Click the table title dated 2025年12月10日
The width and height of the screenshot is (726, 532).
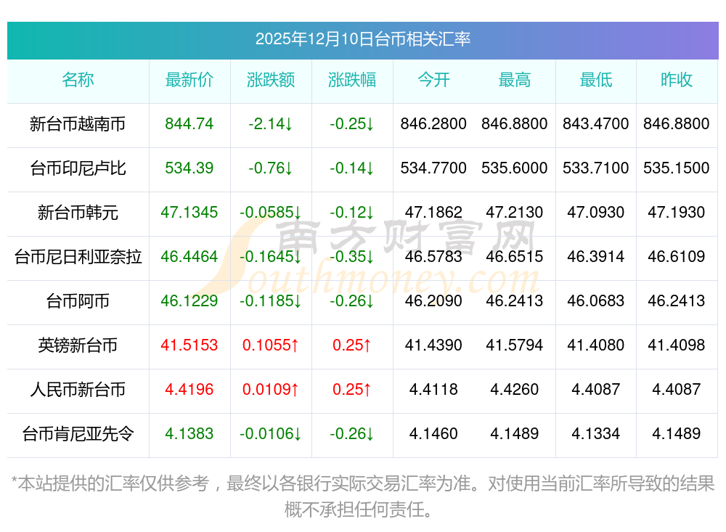362,38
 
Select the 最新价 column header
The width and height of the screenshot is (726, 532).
189,80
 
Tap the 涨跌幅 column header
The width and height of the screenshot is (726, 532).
352,80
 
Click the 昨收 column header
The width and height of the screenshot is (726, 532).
677,80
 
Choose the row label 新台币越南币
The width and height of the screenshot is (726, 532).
78,124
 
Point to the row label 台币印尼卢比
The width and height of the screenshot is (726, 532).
78,168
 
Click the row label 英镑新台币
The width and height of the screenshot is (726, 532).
78,345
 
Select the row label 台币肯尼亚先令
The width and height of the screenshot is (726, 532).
78,434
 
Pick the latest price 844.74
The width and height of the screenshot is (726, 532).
189,124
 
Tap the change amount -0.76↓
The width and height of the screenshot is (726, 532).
271,168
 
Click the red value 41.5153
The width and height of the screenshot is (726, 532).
189,345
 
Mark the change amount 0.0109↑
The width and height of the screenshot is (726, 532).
271,390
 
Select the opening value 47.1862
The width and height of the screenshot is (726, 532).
433,213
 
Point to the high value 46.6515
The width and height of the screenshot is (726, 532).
515,257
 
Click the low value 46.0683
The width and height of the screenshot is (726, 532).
596,301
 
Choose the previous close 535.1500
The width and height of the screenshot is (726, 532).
677,168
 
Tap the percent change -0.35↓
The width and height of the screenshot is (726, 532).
352,257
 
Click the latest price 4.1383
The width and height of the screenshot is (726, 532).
189,434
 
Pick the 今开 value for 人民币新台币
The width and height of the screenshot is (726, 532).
433,390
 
